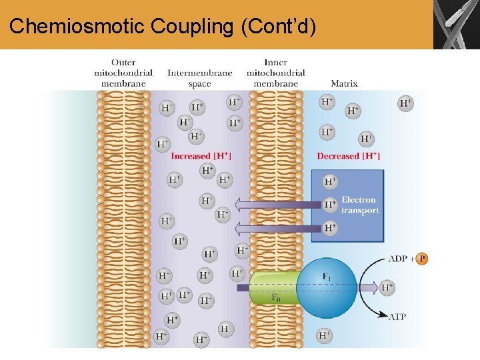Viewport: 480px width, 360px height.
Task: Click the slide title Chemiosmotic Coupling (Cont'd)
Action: pos(163,26)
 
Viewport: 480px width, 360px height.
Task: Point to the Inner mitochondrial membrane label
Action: pos(275,73)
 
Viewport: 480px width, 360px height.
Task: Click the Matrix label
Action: pos(344,83)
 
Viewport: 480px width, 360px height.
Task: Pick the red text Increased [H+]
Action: pos(201,156)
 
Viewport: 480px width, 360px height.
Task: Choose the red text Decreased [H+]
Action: pos(348,156)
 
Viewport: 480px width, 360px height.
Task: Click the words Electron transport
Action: pos(360,205)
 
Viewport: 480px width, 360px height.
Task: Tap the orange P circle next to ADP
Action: pos(421,259)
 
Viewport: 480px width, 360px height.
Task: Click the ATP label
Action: pos(397,317)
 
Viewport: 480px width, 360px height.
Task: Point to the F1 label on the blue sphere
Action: pos(327,276)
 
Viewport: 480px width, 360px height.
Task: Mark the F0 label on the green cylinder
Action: pos(276,298)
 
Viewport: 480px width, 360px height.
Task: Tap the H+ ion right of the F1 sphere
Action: pos(387,288)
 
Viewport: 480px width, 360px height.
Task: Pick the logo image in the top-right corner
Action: pos(456,25)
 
